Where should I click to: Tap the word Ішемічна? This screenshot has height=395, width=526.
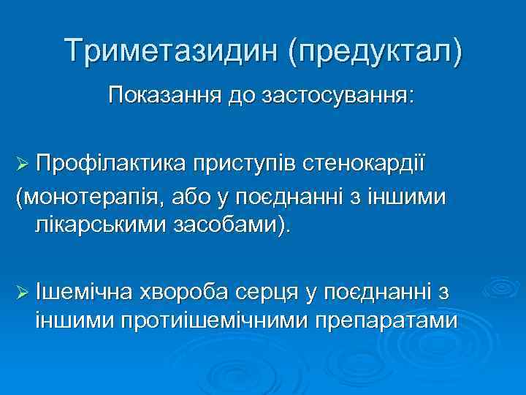[x=83, y=292]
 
